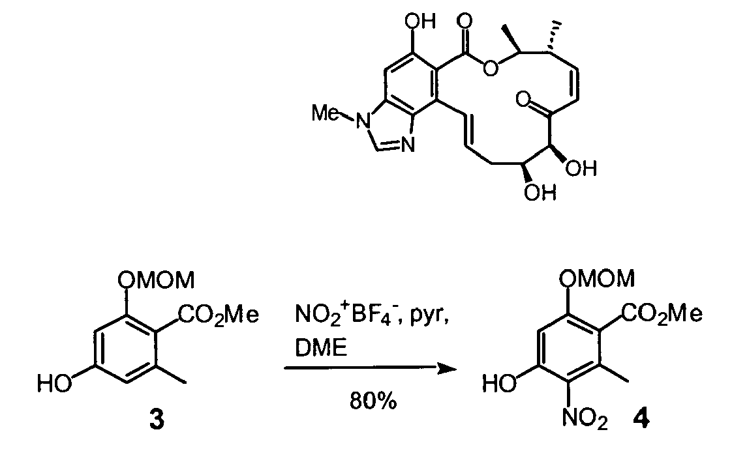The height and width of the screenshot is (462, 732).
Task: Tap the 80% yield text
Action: [373, 401]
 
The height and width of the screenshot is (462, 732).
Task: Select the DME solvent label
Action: [321, 347]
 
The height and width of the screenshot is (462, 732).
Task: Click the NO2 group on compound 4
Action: [585, 418]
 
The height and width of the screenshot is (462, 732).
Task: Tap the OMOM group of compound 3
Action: [155, 280]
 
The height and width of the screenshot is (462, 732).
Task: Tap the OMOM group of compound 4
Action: [597, 278]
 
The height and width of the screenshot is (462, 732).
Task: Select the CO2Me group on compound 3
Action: [219, 315]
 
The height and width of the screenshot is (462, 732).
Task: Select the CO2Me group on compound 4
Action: [662, 314]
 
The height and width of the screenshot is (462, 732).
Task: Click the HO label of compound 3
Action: [55, 384]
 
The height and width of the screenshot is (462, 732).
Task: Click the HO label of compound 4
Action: [499, 384]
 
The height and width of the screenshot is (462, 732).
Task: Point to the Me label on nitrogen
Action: [326, 113]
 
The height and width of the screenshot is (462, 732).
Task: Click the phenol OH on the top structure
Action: [421, 21]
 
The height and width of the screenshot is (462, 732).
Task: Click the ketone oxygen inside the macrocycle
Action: [524, 99]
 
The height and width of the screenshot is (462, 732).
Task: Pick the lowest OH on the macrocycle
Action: [540, 192]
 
